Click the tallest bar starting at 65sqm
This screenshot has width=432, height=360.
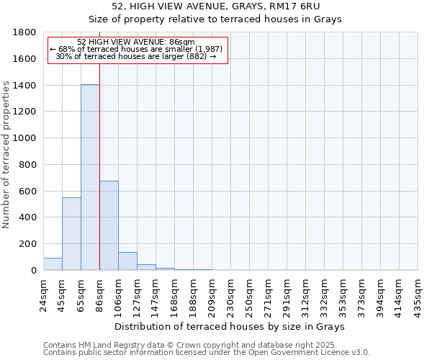pos(90,177)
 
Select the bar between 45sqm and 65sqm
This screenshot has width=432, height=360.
pos(71,233)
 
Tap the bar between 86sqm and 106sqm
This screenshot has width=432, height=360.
pos(109,225)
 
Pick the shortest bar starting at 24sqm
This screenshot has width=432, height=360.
pos(53,264)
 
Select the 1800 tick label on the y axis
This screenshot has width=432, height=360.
pos(27,32)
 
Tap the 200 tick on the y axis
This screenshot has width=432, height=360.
pos(30,244)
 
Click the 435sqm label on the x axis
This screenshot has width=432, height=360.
pos(418,294)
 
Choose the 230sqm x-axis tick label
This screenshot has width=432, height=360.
pos(230,294)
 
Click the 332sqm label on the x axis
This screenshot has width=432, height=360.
pos(324,294)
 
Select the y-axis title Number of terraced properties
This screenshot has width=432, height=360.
pos(7,155)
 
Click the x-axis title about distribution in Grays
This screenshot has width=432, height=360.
pos(230,326)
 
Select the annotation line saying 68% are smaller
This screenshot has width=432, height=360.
pos(137,49)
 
